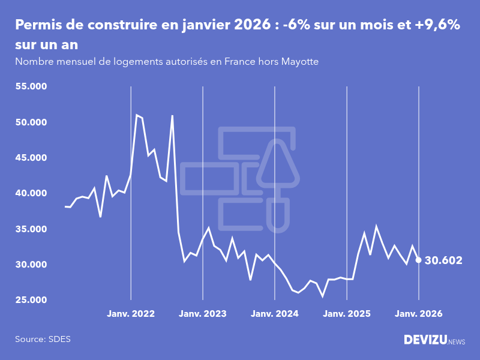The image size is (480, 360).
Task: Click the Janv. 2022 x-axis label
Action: (131, 314)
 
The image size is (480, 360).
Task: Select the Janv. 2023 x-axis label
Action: (203, 314)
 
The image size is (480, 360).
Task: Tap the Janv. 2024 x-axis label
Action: (275, 314)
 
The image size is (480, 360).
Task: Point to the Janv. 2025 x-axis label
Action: (347, 314)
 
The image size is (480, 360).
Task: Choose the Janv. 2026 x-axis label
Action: (419, 314)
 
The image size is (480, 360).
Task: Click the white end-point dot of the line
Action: (418, 260)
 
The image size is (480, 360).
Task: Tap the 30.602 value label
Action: (443, 260)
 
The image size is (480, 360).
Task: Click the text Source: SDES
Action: (43, 339)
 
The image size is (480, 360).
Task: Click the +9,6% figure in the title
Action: (433, 25)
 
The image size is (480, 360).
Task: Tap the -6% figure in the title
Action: (298, 25)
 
